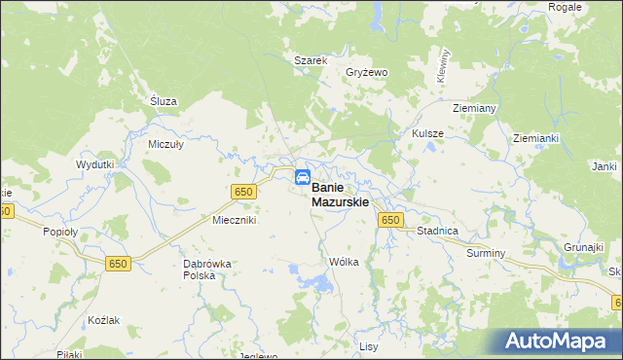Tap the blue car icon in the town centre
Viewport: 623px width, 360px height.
pos(303,178)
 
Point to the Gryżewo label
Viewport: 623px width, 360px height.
pos(367,73)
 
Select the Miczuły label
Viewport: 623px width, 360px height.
pos(165,143)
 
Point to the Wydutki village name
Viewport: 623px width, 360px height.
pos(95,164)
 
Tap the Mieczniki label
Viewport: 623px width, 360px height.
pos(234,221)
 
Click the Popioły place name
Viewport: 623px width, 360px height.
pos(59,232)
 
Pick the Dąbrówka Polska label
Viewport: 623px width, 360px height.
pos(206,270)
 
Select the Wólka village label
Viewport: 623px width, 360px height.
pos(345,262)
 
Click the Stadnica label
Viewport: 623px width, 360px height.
pos(437,232)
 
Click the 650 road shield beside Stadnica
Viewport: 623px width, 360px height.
pos(390,221)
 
